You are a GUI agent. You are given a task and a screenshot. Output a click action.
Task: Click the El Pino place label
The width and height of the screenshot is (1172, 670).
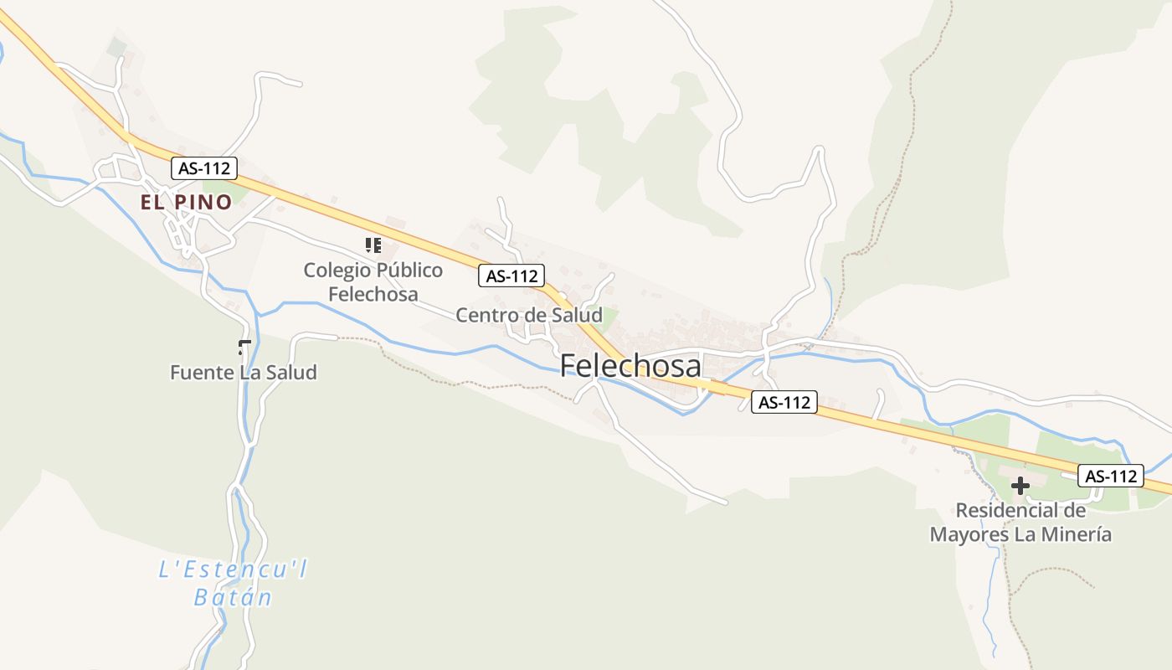click(x=186, y=202)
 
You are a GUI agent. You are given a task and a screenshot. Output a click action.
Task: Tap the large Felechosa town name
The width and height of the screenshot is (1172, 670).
click(x=630, y=366)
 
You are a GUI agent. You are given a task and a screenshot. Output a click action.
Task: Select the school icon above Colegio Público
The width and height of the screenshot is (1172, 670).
click(x=373, y=245)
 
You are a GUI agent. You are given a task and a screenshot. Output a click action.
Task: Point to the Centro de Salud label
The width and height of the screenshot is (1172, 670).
click(x=528, y=315)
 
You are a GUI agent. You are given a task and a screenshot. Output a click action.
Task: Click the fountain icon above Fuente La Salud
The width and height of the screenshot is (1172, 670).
click(x=244, y=347)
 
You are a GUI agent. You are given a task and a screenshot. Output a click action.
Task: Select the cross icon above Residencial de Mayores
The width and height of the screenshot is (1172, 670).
click(x=1020, y=485)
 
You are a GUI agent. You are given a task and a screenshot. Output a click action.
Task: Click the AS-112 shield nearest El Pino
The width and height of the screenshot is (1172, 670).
click(x=204, y=167)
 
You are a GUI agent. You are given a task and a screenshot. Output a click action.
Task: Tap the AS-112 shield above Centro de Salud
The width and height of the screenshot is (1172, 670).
click(x=511, y=275)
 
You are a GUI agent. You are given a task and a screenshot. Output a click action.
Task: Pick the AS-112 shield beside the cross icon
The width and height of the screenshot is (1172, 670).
click(x=1110, y=476)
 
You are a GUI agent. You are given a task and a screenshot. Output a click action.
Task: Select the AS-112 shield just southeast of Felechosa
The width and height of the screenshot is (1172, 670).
click(x=784, y=402)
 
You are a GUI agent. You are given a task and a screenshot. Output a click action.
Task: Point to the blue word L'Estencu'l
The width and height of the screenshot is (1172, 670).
click(x=233, y=570)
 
